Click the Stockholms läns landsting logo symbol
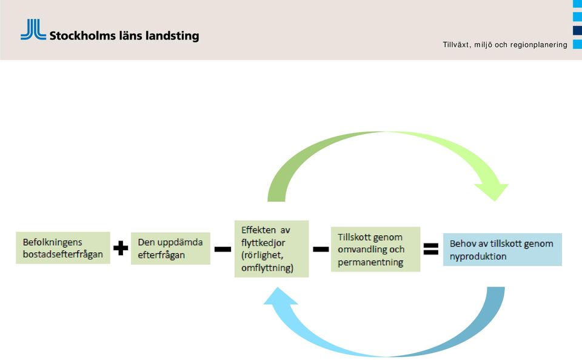[33, 29]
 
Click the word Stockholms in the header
[82, 36]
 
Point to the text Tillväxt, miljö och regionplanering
[505, 45]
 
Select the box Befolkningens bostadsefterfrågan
[62, 248]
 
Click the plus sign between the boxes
[121, 248]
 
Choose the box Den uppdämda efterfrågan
[170, 248]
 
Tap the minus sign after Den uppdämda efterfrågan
[222, 249]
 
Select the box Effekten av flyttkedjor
[272, 248]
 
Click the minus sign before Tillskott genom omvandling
[321, 249]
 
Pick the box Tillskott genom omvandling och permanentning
[375, 249]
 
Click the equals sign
[431, 248]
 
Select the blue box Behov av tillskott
[502, 250]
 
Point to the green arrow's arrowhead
[492, 190]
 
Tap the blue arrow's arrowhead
[281, 297]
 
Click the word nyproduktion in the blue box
[478, 256]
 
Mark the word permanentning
[370, 262]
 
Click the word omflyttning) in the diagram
[267, 268]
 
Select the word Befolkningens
[52, 242]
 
